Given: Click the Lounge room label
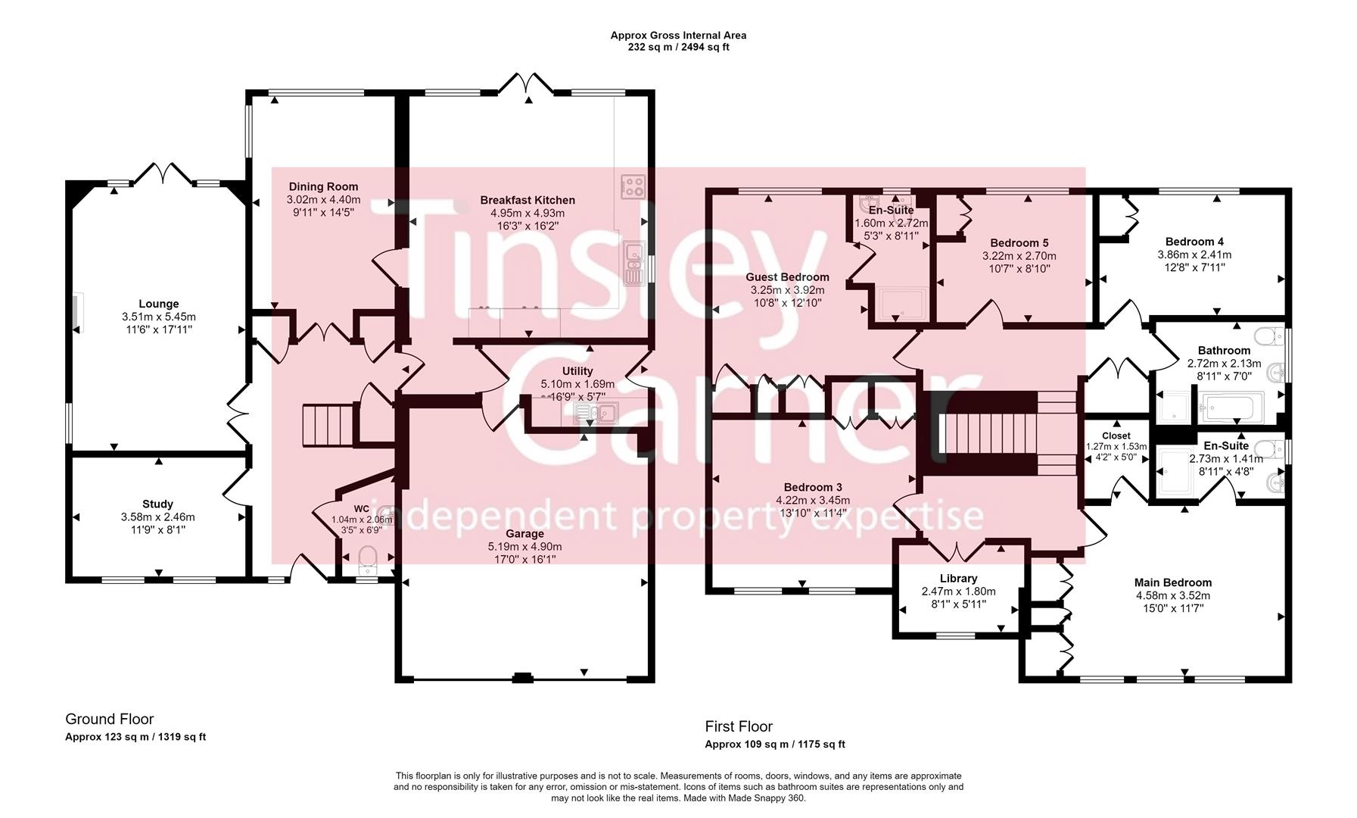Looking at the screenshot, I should [x=158, y=304].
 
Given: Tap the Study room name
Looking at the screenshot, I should [x=157, y=504].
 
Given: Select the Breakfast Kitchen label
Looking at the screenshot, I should [x=528, y=200].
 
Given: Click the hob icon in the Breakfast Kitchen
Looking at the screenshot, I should [x=633, y=186].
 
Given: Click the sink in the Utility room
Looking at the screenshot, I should [x=596, y=413].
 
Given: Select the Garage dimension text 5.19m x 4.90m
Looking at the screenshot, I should [x=524, y=546].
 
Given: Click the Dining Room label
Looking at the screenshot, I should [x=323, y=186].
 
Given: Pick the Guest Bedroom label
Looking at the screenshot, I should [x=787, y=277].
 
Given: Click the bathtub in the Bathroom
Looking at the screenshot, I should [x=1232, y=407].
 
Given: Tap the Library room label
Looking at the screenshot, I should [x=958, y=578].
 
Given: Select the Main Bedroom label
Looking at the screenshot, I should [x=1172, y=582].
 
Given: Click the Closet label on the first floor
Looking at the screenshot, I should [x=1116, y=436].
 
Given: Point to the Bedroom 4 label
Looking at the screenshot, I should [x=1194, y=242].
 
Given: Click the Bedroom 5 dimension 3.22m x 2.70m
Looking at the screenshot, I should [x=1019, y=256].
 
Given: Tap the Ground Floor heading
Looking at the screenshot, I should [x=109, y=719].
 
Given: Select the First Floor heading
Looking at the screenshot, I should [x=739, y=726].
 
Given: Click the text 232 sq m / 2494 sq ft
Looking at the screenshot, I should [x=678, y=47].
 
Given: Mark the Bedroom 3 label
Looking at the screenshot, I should [x=812, y=487].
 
